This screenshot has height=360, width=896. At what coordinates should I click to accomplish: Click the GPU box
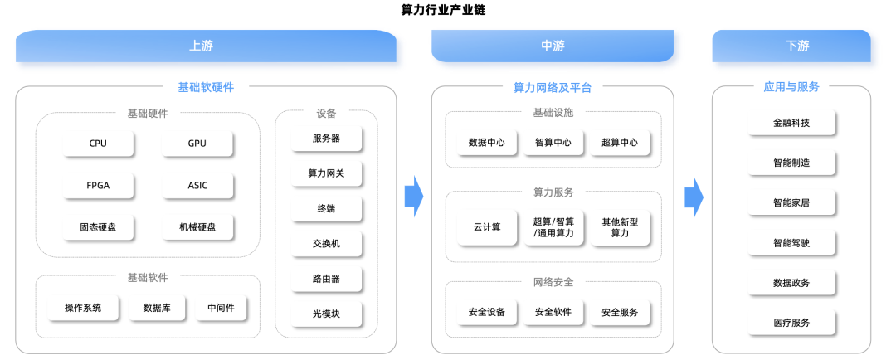point(197,144)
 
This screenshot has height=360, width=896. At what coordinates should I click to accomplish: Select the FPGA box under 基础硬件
point(98,186)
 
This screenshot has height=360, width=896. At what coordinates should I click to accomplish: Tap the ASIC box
point(197,186)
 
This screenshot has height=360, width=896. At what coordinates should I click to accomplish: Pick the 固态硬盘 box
point(98,227)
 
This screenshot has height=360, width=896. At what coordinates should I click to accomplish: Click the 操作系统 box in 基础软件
point(83,308)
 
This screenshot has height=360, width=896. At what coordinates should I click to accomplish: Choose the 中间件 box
point(221,308)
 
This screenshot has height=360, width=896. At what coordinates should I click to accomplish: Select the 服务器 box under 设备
point(326,139)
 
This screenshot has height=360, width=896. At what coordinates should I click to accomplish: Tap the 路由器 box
point(326,279)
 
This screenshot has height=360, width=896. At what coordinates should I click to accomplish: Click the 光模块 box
point(326,314)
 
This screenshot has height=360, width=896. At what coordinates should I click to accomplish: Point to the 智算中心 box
point(553,143)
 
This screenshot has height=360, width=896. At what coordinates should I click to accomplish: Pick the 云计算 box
point(487,227)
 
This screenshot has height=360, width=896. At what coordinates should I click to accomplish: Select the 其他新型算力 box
point(620,227)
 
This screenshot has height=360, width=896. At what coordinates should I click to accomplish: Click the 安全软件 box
point(553,312)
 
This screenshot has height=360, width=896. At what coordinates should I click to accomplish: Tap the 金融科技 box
point(791,123)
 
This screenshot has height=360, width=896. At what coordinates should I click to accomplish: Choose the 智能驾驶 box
point(791,243)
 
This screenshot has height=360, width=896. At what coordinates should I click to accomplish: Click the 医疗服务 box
point(791,323)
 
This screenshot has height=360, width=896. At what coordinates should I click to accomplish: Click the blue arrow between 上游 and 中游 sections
point(414,196)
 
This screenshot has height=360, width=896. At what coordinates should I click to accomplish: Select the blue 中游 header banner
point(552,46)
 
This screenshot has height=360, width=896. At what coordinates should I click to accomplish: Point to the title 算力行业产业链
point(443,10)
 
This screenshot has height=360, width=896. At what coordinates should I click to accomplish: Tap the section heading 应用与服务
point(791,87)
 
